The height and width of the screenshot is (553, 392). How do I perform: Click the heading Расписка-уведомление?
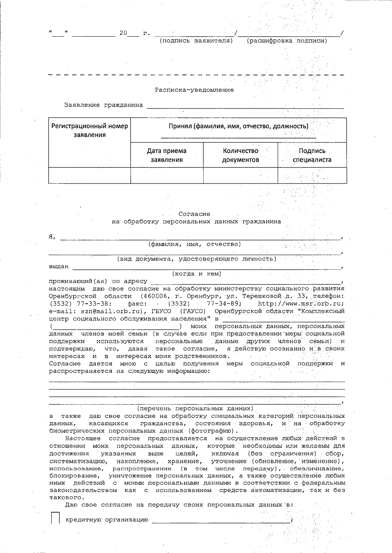point(194,90)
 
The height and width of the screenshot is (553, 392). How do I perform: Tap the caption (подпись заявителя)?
point(196,41)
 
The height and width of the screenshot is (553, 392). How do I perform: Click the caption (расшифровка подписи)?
point(287,41)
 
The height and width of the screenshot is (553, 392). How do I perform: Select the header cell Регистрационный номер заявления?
point(90,130)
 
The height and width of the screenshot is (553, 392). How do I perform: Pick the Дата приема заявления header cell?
point(167,155)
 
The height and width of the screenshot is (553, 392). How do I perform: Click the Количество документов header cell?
point(240,155)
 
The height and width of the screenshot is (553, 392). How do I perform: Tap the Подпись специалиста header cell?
point(312,155)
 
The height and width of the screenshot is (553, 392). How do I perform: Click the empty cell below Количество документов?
point(240,176)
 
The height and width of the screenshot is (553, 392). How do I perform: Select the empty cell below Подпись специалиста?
point(312,176)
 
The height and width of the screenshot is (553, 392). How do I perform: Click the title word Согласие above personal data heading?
point(194,214)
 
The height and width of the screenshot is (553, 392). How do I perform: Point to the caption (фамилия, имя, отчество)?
point(195,244)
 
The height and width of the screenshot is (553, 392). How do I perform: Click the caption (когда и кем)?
point(197,274)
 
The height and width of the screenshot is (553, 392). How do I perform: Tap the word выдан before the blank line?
point(59,267)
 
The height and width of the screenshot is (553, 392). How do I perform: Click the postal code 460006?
point(154,296)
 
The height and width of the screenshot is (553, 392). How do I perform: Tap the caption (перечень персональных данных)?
point(195,408)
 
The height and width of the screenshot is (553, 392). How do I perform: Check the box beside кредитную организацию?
point(55,517)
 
